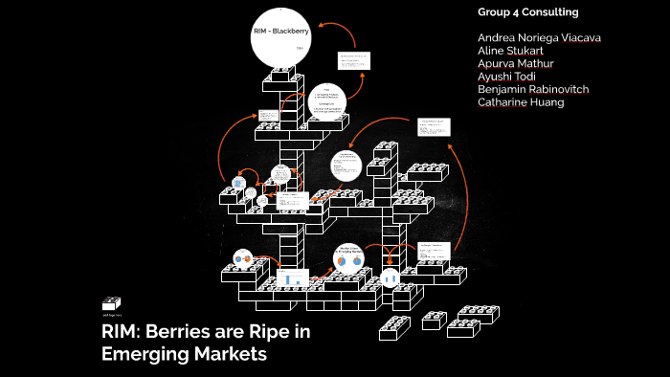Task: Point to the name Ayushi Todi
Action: coord(509,77)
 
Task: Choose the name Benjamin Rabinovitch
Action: coord(533,89)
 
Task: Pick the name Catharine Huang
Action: coord(521,102)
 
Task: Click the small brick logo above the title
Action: coord(111,304)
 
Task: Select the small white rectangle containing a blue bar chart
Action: coord(291,278)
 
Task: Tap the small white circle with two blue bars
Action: coord(390,277)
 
